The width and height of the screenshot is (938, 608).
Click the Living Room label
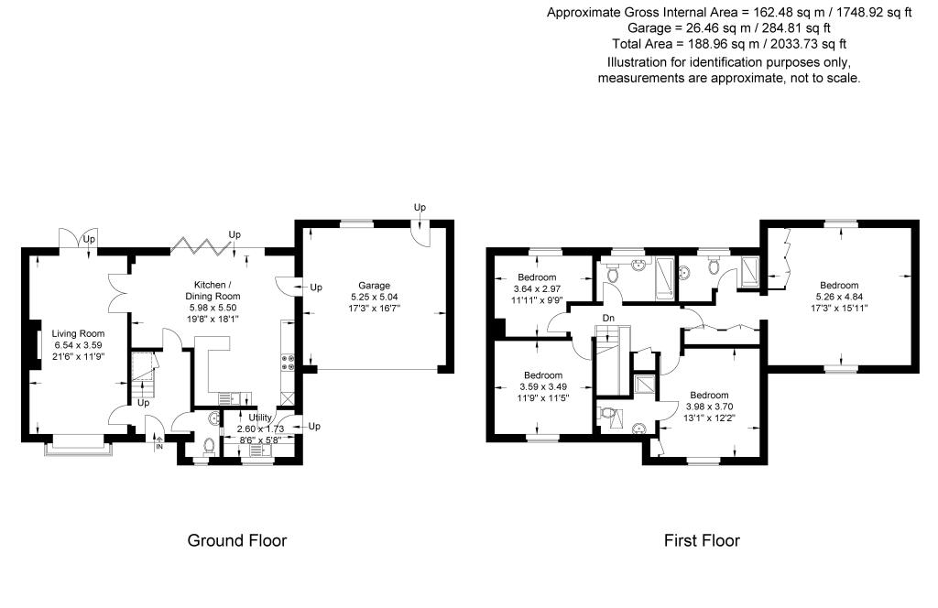(x=78, y=333)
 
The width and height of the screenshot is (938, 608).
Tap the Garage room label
(x=375, y=286)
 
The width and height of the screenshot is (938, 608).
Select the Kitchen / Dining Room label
(x=213, y=290)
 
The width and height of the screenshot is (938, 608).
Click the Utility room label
(x=260, y=418)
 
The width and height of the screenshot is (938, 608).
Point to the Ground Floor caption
(x=237, y=540)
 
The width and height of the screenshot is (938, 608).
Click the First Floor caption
(x=702, y=540)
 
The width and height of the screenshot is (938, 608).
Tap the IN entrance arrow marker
(x=159, y=443)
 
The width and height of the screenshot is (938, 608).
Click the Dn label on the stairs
(x=608, y=318)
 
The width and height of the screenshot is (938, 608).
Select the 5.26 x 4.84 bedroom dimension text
(x=839, y=297)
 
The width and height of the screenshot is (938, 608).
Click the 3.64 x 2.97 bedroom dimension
(x=537, y=288)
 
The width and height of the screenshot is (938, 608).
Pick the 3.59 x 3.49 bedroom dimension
(x=543, y=386)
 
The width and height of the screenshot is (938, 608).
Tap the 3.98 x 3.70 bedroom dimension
(x=710, y=407)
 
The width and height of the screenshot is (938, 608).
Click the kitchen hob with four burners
(x=288, y=363)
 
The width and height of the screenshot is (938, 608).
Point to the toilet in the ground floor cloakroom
(x=209, y=446)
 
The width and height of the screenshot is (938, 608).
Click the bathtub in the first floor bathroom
(x=663, y=278)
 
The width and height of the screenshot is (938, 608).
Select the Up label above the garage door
(x=420, y=207)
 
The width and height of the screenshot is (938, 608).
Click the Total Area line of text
(x=729, y=44)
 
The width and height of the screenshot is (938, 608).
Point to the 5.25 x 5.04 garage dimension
(x=375, y=297)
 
